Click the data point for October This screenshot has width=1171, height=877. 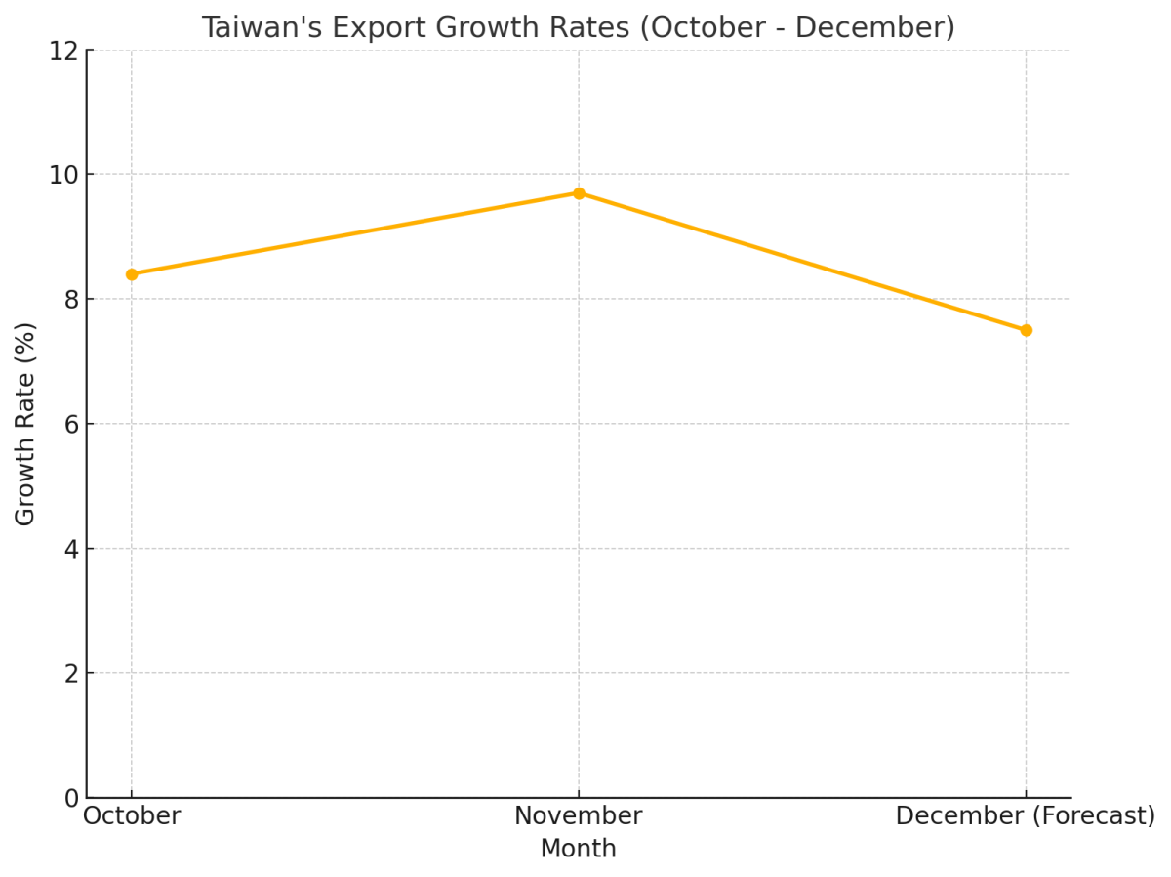point(132,274)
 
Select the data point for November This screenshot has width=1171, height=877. point(579,193)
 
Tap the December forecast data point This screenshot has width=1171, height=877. point(1026,330)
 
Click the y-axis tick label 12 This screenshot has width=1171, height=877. point(63,51)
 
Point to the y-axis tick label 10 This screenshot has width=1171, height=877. point(63,175)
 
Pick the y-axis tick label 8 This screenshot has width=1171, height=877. point(71,300)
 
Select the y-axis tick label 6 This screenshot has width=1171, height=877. point(71,424)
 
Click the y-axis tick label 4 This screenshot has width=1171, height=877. point(71,549)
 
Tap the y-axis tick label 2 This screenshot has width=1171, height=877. point(71,674)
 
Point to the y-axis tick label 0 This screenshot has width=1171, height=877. point(71,799)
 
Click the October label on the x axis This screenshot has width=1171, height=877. point(132,816)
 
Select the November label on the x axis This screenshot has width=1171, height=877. point(579,816)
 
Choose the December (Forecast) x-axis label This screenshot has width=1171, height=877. point(1025,816)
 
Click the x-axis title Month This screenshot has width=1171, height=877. point(579,850)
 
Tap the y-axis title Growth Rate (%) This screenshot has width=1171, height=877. point(26,424)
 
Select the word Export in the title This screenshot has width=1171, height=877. point(381,28)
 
